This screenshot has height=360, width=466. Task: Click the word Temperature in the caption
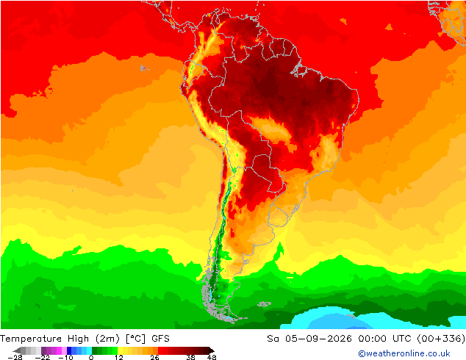(31, 339)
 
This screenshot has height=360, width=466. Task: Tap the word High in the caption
(78, 339)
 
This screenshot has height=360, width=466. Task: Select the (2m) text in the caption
(107, 339)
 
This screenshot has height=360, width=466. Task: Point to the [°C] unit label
(135, 339)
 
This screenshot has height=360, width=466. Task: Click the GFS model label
(160, 339)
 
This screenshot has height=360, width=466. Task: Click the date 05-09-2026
(318, 339)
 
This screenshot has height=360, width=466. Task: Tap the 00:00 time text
(373, 339)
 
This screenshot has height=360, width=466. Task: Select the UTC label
(402, 339)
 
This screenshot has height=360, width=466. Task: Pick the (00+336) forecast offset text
(441, 339)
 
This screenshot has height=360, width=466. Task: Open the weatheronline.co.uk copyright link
(404, 353)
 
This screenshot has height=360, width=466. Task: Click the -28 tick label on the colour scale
(15, 357)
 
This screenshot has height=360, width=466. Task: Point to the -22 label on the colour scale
(42, 357)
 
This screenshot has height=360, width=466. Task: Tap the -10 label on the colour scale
(65, 357)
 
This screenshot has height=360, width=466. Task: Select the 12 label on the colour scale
(119, 357)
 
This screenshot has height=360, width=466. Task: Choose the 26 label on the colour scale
(154, 357)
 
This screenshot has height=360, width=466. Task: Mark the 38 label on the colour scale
(191, 357)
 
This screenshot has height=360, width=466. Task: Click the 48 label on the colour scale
(212, 357)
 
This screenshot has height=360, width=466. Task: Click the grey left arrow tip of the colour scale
(14, 350)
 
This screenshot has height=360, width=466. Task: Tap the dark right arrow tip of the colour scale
(213, 350)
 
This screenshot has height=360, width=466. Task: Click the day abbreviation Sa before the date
(273, 339)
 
